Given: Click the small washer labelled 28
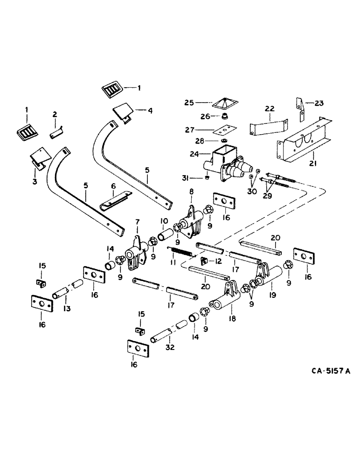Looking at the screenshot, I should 224,141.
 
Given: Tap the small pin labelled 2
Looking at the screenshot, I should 56,134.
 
